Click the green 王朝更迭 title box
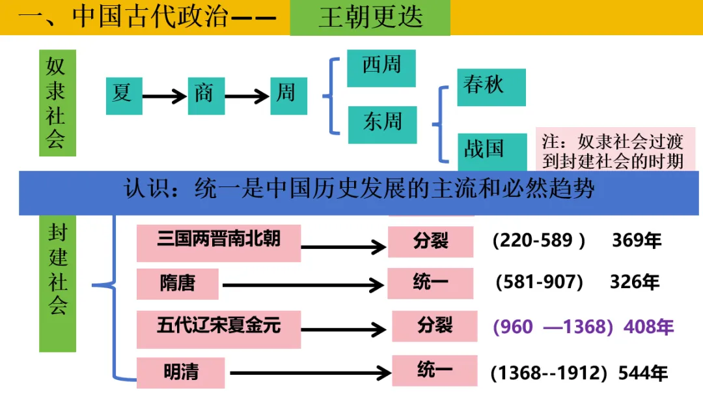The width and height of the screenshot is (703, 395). tap(370, 18)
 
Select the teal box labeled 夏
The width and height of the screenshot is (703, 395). tap(124, 95)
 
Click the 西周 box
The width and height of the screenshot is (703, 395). tap(381, 68)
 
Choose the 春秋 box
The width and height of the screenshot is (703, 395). tap(491, 87)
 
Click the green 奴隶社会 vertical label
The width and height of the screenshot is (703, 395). tap(57, 103)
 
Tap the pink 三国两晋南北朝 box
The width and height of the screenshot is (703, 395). tap(219, 242)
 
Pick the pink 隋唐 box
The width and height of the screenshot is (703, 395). tap(178, 283)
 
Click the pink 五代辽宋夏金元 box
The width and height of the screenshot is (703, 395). tap(219, 328)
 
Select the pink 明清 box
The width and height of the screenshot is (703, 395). tap(181, 373)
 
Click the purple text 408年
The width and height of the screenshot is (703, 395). tap(648, 327)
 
